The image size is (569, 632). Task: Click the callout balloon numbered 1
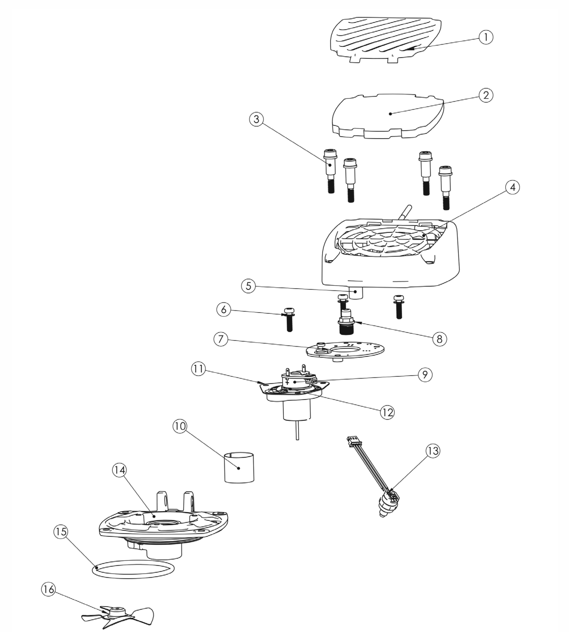point(485,37)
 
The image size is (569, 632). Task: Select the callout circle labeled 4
point(512,187)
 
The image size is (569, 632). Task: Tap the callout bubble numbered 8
point(439,339)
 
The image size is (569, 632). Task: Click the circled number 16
point(48,589)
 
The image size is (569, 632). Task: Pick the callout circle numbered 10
point(180,426)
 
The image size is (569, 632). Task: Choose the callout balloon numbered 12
point(387,412)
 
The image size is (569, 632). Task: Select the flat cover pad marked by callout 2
point(388,116)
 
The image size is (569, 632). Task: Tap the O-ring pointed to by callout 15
point(133,570)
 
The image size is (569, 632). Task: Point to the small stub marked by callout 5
point(355,293)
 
